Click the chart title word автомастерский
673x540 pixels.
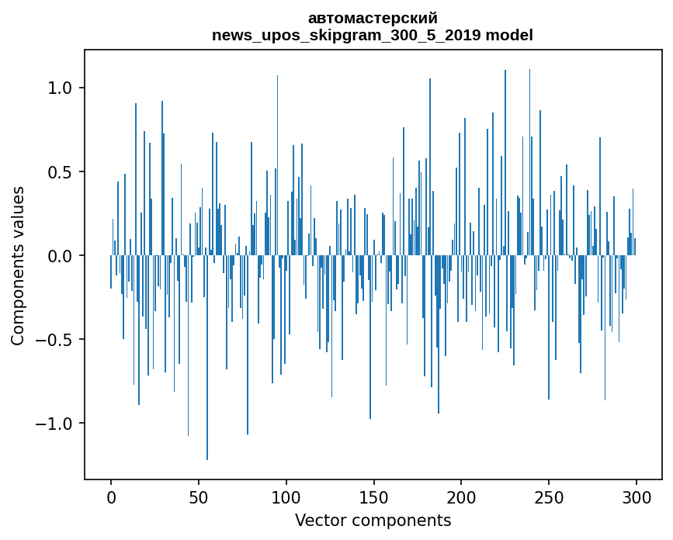pyautogui.click(x=373, y=19)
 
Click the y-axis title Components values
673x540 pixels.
pyautogui.click(x=18, y=265)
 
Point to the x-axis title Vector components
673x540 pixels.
pyautogui.click(x=373, y=520)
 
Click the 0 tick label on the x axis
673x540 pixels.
pyautogui.click(x=111, y=497)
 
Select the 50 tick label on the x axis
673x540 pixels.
pyautogui.click(x=199, y=497)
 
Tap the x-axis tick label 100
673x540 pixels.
pyautogui.click(x=286, y=497)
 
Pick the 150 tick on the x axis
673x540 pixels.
pyautogui.click(x=373, y=497)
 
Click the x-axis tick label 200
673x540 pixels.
pyautogui.click(x=461, y=497)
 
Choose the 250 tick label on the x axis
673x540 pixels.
pyautogui.click(x=549, y=497)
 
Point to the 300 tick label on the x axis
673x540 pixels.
pyautogui.click(x=637, y=497)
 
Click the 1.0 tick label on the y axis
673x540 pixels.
pyautogui.click(x=60, y=88)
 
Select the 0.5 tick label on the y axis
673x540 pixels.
pyautogui.click(x=60, y=171)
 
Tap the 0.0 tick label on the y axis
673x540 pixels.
pyautogui.click(x=60, y=255)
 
